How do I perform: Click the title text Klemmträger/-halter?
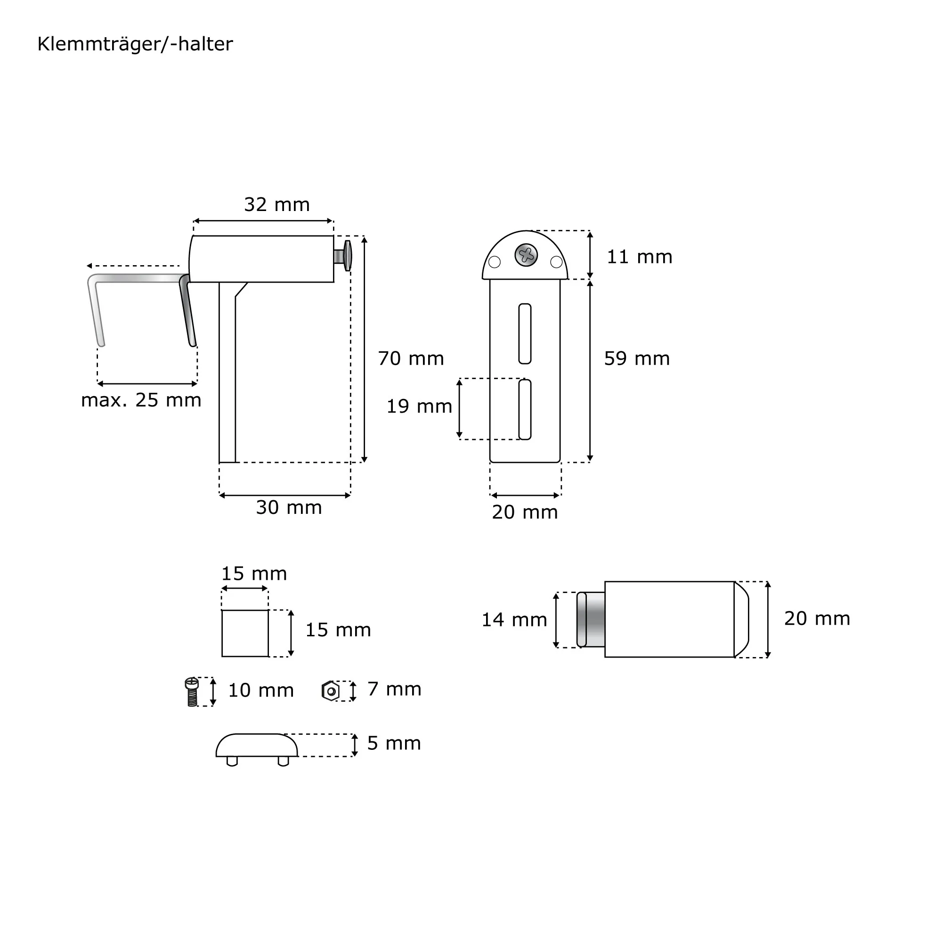click(135, 44)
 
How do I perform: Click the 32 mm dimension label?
click(277, 205)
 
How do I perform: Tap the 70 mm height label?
click(411, 359)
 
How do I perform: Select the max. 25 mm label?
click(141, 400)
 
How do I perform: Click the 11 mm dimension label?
click(640, 257)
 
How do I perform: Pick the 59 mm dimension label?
click(637, 359)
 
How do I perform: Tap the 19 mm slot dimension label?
click(419, 406)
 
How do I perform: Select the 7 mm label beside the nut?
click(394, 690)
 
